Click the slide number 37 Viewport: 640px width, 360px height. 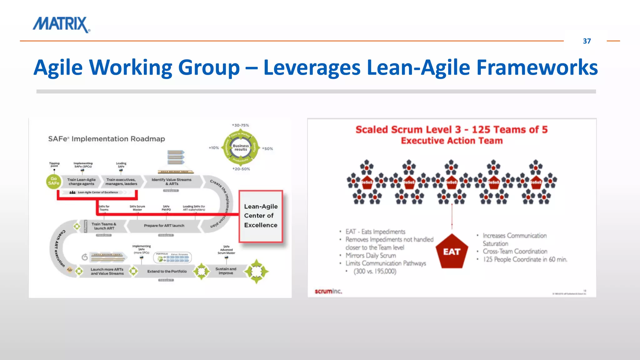click(x=587, y=41)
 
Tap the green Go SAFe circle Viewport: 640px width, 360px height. click(x=53, y=181)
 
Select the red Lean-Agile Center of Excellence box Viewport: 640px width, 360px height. click(x=261, y=216)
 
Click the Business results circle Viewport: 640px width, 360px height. click(x=240, y=147)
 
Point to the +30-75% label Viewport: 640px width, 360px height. click(x=240, y=125)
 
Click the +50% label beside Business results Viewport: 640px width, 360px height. click(x=267, y=149)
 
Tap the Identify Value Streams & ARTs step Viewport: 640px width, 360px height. click(x=171, y=182)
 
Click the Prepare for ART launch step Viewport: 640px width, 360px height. click(x=164, y=226)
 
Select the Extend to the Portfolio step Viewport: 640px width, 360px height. click(x=167, y=271)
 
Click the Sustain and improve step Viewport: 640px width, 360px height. click(x=226, y=271)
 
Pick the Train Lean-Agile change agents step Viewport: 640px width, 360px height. click(x=81, y=182)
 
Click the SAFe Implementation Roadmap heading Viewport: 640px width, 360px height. click(x=107, y=139)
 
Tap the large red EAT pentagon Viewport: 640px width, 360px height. click(x=452, y=252)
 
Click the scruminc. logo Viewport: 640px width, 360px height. click(x=328, y=291)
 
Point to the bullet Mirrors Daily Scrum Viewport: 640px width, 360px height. click(x=370, y=255)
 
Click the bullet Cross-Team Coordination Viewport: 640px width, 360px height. click(x=515, y=251)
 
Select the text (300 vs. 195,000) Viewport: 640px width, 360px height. click(x=375, y=271)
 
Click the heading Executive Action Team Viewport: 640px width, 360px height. click(x=452, y=141)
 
